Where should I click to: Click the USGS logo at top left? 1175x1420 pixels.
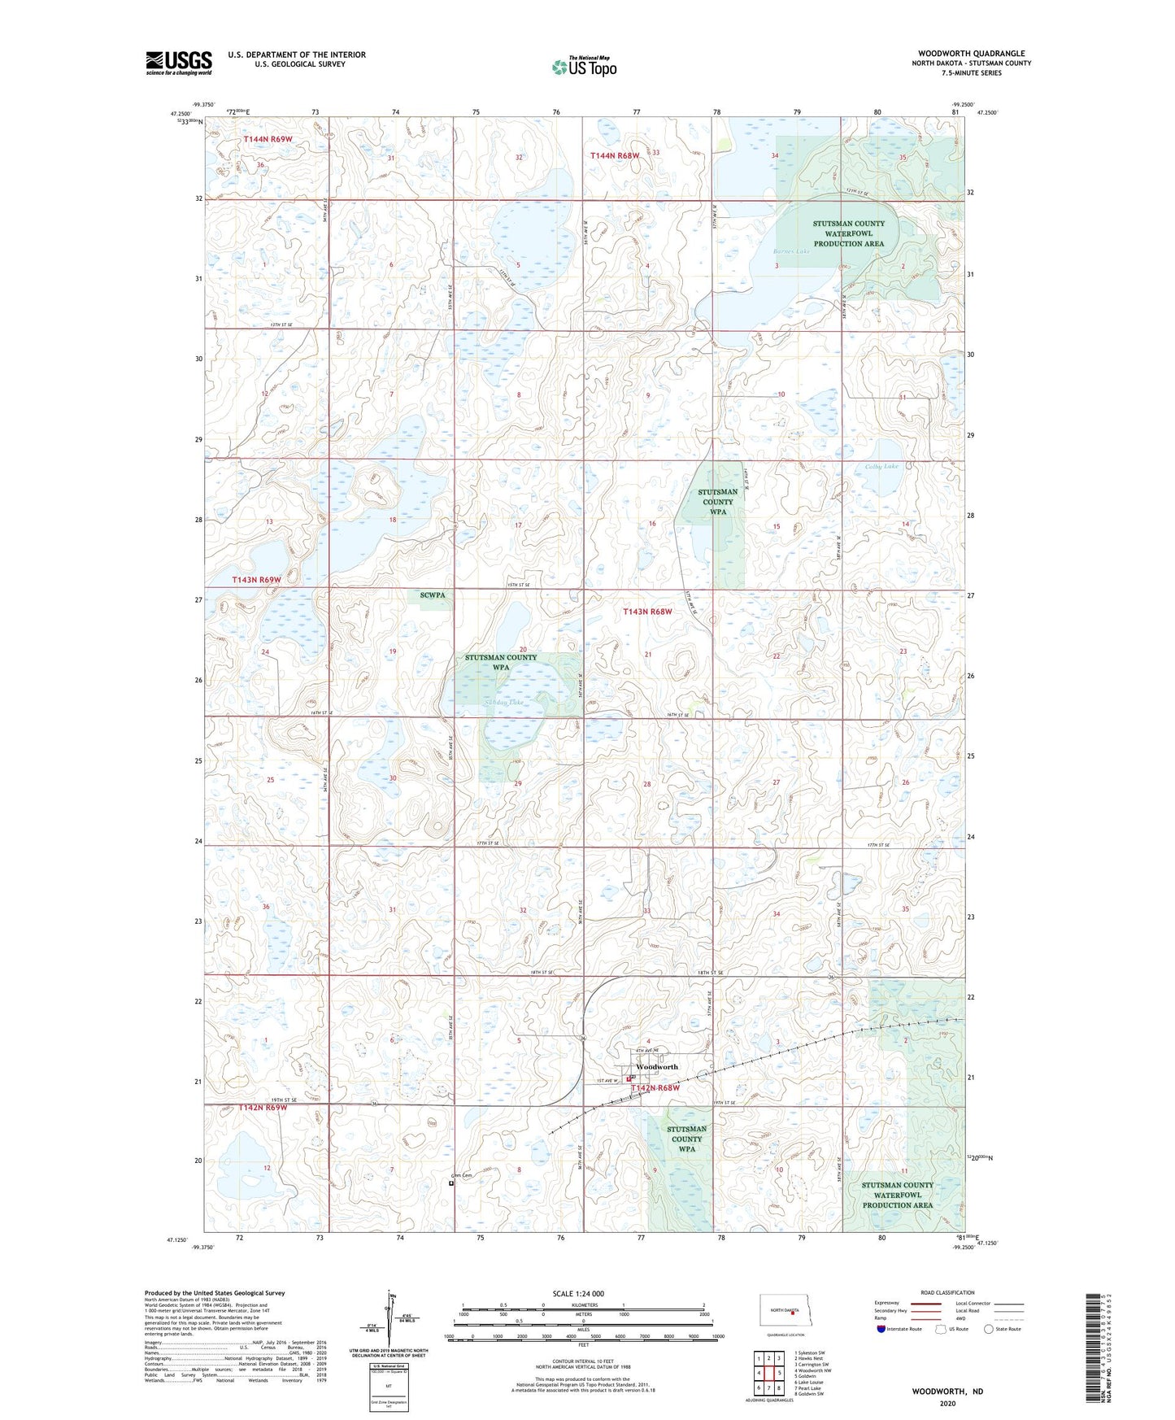pyautogui.click(x=178, y=63)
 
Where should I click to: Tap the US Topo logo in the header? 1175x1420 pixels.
pyautogui.click(x=584, y=67)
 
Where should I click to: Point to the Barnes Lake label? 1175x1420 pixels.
pyautogui.click(x=791, y=252)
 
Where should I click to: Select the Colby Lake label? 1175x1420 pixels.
pyautogui.click(x=881, y=466)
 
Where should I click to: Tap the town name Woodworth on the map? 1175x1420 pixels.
pyautogui.click(x=657, y=1066)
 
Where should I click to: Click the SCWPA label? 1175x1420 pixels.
pyautogui.click(x=433, y=595)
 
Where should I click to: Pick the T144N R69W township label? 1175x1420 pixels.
pyautogui.click(x=268, y=140)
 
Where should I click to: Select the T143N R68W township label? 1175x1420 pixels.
pyautogui.click(x=647, y=612)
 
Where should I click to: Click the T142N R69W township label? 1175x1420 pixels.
pyautogui.click(x=263, y=1108)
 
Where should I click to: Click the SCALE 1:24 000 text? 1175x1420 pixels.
pyautogui.click(x=577, y=1294)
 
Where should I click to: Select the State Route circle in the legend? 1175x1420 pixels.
pyautogui.click(x=989, y=1329)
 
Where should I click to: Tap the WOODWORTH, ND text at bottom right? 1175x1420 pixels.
pyautogui.click(x=947, y=1392)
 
